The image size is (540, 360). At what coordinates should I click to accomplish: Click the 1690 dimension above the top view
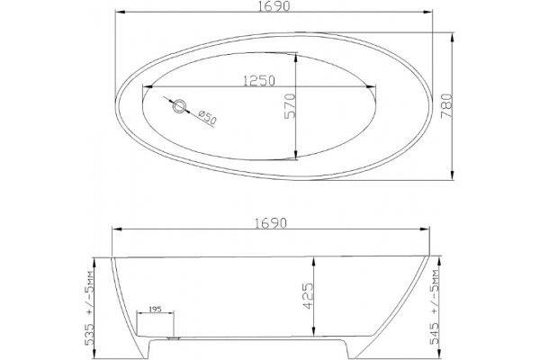(274, 6)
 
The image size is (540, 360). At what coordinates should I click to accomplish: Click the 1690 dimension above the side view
(271, 223)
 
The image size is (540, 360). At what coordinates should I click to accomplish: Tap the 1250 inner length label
(259, 81)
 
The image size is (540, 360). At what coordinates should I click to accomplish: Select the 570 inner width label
(290, 106)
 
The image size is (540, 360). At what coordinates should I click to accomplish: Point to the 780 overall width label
(446, 106)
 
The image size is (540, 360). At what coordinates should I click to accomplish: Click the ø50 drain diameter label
(207, 118)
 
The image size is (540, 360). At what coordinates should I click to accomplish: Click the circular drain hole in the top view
(179, 106)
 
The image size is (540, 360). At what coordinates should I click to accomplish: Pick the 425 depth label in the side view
(308, 296)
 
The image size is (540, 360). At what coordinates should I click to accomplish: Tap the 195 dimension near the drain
(156, 309)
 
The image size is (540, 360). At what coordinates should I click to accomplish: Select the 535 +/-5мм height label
(89, 308)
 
